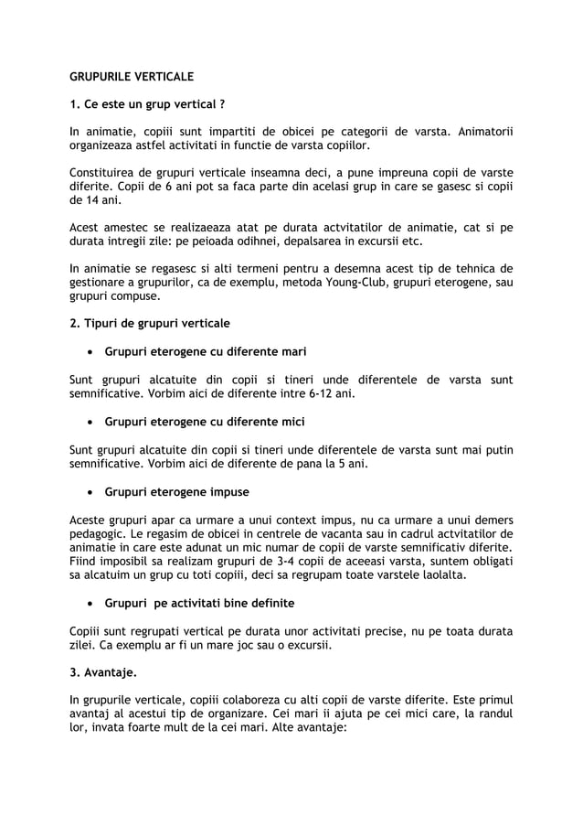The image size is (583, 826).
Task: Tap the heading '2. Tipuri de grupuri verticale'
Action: point(150,324)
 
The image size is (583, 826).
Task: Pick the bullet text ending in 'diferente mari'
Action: point(206,351)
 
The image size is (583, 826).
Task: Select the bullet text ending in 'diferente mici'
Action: point(205,422)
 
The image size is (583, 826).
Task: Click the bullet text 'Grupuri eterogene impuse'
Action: point(176,492)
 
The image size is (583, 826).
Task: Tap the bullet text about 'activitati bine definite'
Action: point(199,604)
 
